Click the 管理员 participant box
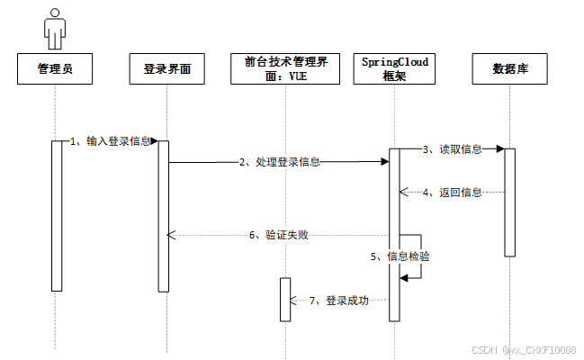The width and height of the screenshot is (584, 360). [56, 68]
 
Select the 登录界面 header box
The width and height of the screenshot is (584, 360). [167, 68]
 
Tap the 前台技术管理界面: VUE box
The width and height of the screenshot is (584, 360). [284, 68]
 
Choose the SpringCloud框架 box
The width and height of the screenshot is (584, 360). [395, 68]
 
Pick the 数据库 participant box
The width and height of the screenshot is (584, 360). [510, 68]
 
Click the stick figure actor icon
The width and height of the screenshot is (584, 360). [56, 28]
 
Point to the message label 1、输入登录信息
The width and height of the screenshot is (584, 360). [112, 141]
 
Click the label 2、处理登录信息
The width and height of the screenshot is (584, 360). [280, 163]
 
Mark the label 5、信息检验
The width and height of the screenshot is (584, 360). [401, 256]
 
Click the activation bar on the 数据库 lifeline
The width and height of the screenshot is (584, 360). [509, 202]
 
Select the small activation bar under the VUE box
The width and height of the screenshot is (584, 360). [285, 299]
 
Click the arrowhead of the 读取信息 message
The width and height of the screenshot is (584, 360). [498, 150]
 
